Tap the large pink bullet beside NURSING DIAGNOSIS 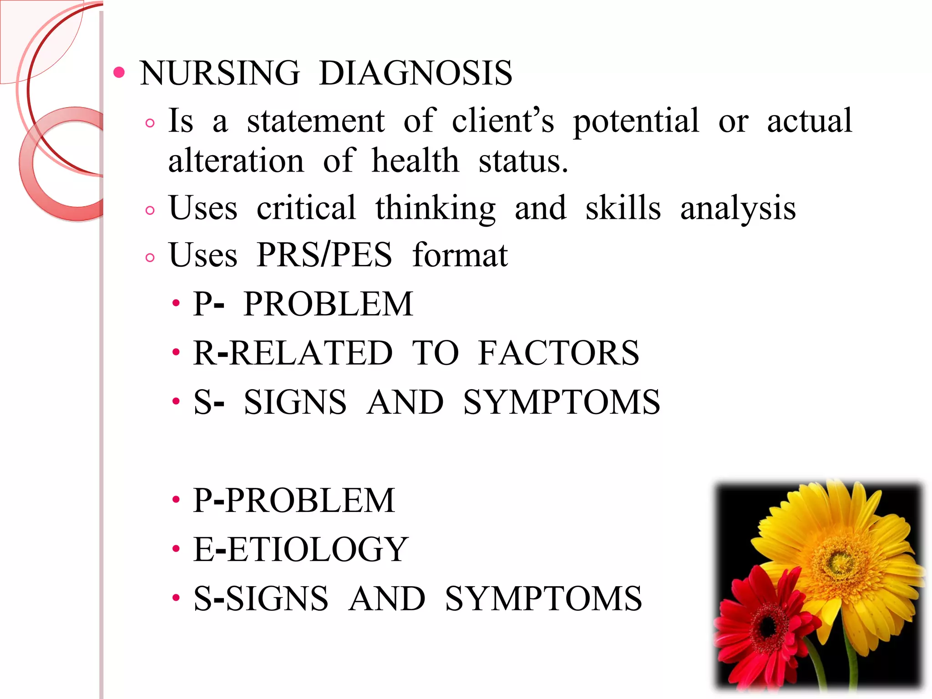[119, 72]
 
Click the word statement [316, 121]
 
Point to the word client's [503, 121]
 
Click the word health [415, 161]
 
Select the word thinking [435, 209]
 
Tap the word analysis [738, 209]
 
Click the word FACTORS [558, 353]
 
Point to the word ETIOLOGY [317, 549]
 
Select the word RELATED [311, 353]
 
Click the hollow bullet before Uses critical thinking [150, 210]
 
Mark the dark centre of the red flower [769, 627]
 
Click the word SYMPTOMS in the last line [543, 598]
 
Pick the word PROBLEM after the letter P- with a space [328, 304]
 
